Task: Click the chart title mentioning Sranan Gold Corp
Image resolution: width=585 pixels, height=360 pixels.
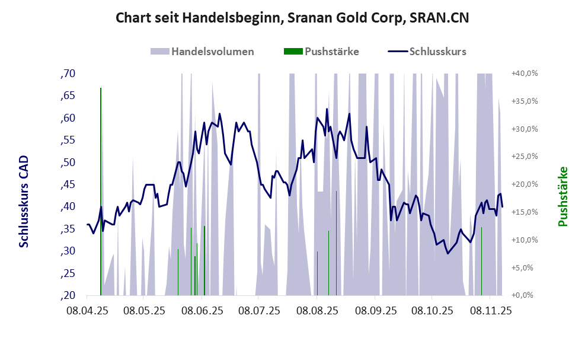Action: [x=292, y=18]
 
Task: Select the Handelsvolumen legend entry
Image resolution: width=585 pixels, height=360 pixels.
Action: [x=202, y=51]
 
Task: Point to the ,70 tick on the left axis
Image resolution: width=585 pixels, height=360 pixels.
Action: [x=68, y=74]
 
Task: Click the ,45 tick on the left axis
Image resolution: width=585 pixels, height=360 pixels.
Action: [x=68, y=184]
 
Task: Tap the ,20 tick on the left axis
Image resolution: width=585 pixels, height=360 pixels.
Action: [x=68, y=295]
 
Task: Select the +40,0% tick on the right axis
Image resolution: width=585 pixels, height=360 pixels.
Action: [x=524, y=74]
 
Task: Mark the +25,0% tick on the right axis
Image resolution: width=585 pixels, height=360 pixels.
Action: [x=524, y=157]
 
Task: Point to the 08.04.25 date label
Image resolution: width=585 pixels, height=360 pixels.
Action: [x=87, y=311]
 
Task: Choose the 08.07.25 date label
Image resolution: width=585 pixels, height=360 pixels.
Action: [x=260, y=311]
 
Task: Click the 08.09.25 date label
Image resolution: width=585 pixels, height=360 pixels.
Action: [x=375, y=311]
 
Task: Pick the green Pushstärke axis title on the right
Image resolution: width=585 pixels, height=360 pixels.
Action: [x=562, y=197]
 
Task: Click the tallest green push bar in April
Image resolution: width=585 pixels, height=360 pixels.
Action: [x=101, y=190]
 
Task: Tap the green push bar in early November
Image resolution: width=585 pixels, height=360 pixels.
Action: [x=481, y=261]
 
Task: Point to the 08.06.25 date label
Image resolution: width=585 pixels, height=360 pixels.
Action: [x=202, y=311]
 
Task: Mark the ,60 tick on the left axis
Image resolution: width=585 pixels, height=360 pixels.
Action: [x=68, y=118]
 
